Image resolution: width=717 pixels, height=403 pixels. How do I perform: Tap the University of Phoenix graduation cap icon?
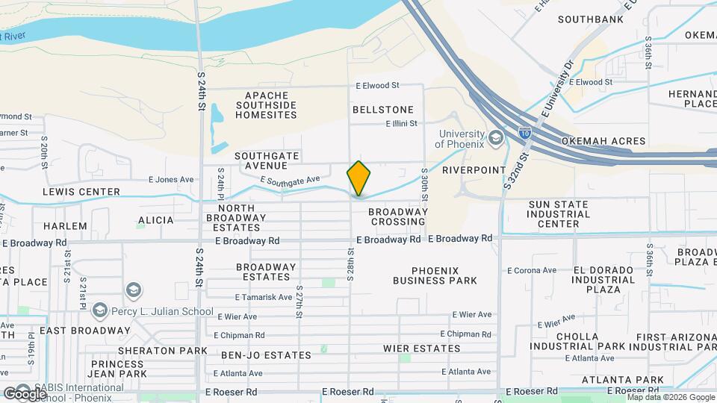pos(495,138)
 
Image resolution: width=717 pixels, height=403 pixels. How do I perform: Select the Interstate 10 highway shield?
pos(524,133)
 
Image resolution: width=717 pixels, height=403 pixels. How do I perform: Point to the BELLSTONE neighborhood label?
pos(382,110)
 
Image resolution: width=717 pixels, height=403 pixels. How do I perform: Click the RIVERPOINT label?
pos(474,170)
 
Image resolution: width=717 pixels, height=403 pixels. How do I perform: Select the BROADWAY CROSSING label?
pos(399,216)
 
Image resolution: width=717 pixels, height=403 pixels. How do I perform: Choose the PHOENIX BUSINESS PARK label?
pos(435,275)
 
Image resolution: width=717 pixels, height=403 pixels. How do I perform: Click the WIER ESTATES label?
pos(421,349)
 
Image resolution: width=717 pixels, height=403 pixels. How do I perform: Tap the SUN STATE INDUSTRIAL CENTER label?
pos(564,213)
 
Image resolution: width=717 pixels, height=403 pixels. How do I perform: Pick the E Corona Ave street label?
pos(534,270)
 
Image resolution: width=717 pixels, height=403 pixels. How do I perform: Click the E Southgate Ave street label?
pos(290,180)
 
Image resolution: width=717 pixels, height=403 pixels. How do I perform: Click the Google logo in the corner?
pos(25,393)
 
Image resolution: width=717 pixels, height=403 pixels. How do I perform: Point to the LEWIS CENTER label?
pos(81,192)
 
